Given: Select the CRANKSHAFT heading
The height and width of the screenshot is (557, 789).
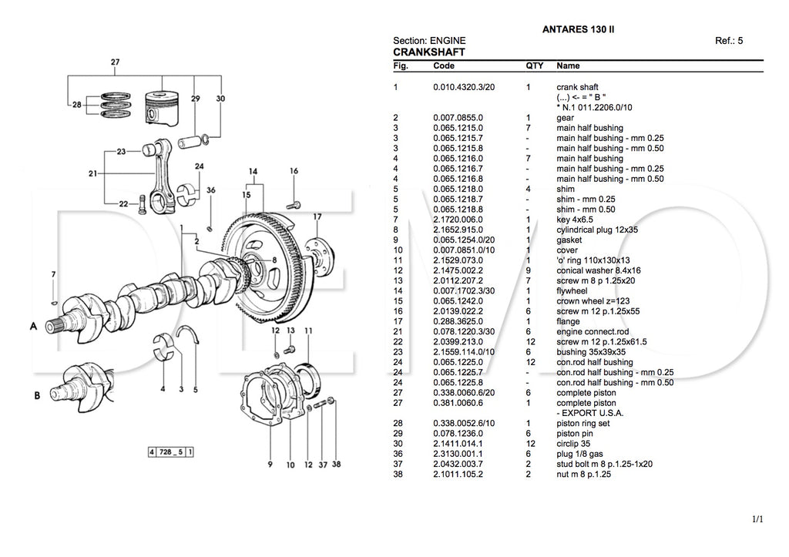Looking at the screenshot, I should pyautogui.click(x=428, y=52).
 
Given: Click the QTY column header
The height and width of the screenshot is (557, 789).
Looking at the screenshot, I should pyautogui.click(x=535, y=66).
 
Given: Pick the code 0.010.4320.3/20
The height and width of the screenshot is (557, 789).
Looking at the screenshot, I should pyautogui.click(x=464, y=87).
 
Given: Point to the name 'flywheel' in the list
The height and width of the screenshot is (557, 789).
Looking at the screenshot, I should pyautogui.click(x=573, y=290).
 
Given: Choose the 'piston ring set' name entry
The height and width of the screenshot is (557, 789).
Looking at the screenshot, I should pyautogui.click(x=583, y=423).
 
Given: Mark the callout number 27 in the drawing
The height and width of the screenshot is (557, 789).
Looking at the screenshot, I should pyautogui.click(x=115, y=62).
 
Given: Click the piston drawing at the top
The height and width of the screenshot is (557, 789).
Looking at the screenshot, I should pyautogui.click(x=163, y=108).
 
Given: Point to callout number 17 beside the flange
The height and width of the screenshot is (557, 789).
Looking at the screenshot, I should pyautogui.click(x=317, y=217).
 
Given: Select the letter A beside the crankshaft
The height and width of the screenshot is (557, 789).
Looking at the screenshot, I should pyautogui.click(x=34, y=327).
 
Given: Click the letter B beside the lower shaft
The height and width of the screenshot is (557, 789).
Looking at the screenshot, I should pyautogui.click(x=36, y=395).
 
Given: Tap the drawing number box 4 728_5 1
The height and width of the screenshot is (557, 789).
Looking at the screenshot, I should pyautogui.click(x=170, y=451).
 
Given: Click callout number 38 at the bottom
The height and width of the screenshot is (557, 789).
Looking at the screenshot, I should pyautogui.click(x=336, y=465).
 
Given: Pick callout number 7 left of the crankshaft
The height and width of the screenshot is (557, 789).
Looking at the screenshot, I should pyautogui.click(x=53, y=274).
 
